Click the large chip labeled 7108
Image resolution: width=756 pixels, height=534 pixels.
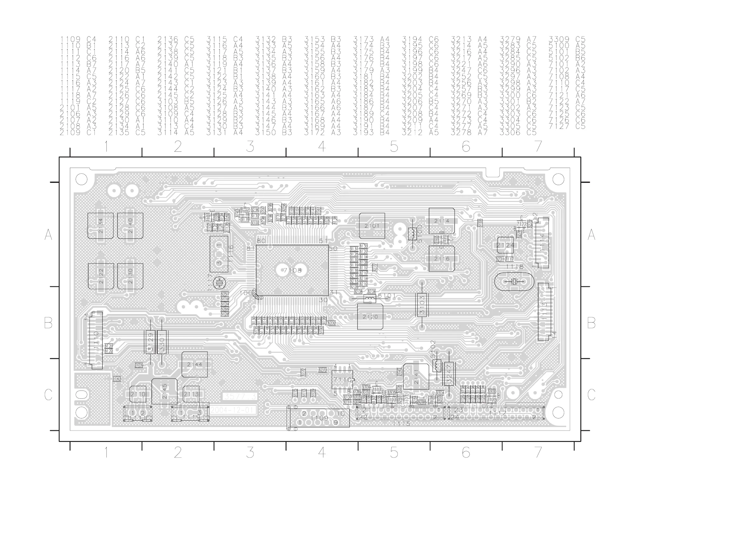point(292,270)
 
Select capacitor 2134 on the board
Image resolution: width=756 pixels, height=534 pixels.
point(100,226)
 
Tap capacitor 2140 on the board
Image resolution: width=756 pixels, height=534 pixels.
point(130,226)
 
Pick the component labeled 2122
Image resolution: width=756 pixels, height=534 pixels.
point(101,276)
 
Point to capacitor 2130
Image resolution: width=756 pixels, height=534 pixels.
point(130,276)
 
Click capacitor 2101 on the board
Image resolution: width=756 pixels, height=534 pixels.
point(372,226)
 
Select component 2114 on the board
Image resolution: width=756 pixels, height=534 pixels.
point(442,221)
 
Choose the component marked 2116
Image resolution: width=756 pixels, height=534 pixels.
point(442,259)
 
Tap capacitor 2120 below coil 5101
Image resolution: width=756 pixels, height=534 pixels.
point(370,317)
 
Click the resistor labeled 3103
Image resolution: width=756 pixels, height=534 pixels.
point(422,305)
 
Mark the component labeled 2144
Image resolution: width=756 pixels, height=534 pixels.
point(195,364)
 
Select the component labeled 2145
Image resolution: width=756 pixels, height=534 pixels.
point(164,391)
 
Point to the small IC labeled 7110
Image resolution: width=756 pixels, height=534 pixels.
point(342,380)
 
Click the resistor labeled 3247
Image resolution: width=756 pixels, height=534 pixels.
point(449,374)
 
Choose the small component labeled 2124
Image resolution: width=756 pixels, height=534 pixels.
point(505,245)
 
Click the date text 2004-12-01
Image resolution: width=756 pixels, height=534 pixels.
point(233,410)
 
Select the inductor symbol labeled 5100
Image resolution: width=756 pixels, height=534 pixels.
point(412,234)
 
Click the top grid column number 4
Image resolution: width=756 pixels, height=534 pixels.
point(322,146)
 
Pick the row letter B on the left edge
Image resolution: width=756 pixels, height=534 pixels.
point(48,323)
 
